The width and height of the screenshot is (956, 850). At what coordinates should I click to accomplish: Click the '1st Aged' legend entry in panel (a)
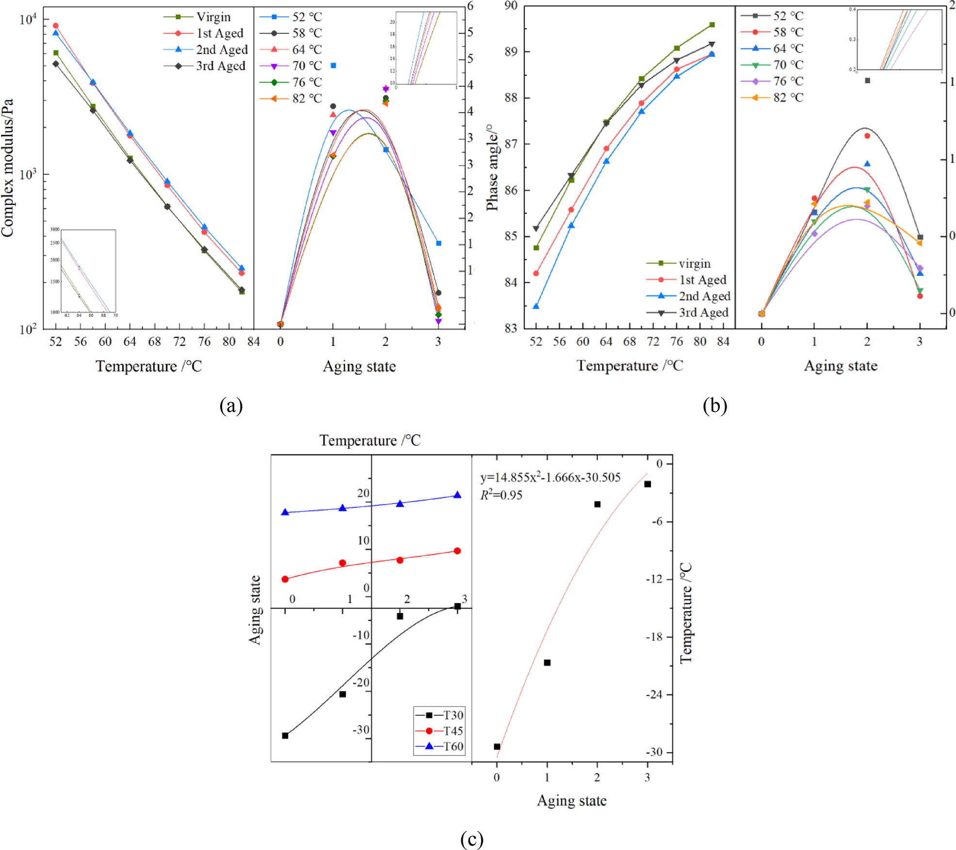pyautogui.click(x=219, y=33)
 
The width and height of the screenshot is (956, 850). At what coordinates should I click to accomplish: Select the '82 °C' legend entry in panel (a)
pyautogui.click(x=307, y=98)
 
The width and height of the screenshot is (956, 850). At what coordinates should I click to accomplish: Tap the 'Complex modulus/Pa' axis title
pyautogui.click(x=8, y=167)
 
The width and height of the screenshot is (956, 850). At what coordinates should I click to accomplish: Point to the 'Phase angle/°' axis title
pyautogui.click(x=492, y=167)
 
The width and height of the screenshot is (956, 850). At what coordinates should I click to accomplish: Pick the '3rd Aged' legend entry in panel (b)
pyautogui.click(x=703, y=313)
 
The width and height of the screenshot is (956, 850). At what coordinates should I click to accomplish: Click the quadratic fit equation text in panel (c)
pyautogui.click(x=550, y=477)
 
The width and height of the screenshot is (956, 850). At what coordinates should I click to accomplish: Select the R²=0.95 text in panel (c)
pyautogui.click(x=501, y=495)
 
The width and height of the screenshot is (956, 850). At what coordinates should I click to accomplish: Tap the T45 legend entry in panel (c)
pyautogui.click(x=453, y=731)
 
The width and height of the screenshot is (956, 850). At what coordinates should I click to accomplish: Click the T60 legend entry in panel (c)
pyautogui.click(x=453, y=747)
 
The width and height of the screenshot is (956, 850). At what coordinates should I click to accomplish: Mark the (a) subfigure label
pyautogui.click(x=231, y=405)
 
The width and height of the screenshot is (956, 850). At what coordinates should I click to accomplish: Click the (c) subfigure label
pyautogui.click(x=471, y=839)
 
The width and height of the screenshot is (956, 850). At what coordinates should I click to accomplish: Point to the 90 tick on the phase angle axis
pyautogui.click(x=511, y=6)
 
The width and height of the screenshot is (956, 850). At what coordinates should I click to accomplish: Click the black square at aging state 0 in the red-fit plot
pyautogui.click(x=497, y=747)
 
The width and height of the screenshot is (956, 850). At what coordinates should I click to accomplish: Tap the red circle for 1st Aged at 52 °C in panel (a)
pyautogui.click(x=56, y=26)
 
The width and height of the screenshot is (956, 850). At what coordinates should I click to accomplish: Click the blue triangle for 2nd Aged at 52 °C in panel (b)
pyautogui.click(x=536, y=306)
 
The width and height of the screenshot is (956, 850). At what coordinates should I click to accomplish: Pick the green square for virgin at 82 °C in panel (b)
pyautogui.click(x=712, y=25)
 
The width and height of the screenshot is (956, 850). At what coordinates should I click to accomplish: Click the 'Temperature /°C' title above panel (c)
pyautogui.click(x=370, y=441)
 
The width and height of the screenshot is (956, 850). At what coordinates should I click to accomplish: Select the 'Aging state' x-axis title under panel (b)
pyautogui.click(x=840, y=366)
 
